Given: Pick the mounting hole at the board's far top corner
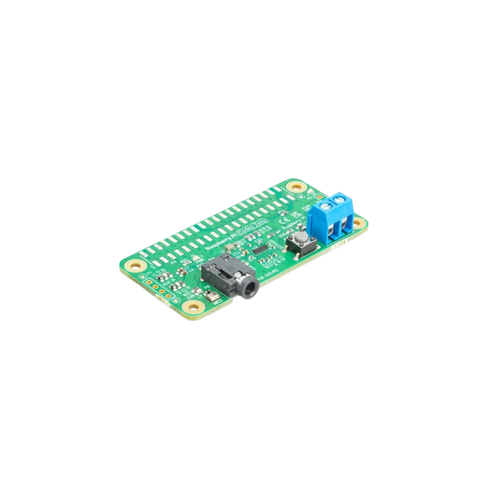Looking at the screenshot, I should (296, 186).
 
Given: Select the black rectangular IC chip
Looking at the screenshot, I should (262, 249).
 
